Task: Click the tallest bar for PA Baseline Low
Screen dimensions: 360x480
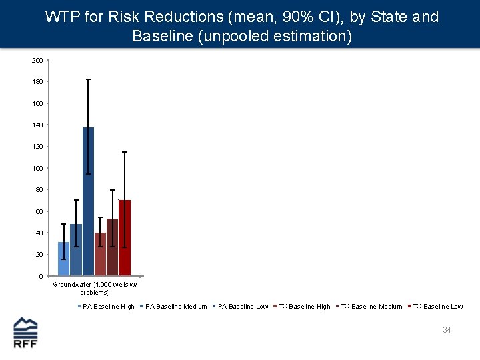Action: [88, 200]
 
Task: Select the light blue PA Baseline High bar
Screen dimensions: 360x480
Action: [63, 259]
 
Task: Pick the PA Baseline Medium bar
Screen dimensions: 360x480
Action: [76, 249]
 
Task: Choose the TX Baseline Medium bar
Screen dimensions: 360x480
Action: [112, 247]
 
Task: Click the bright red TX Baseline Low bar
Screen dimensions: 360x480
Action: [125, 237]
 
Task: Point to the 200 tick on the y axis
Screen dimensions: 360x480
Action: [37, 61]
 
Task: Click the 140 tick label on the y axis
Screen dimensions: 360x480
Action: [37, 125]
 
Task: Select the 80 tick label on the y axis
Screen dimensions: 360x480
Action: [39, 190]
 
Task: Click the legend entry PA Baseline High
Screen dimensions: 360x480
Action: [108, 307]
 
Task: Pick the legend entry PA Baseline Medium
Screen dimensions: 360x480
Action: [176, 307]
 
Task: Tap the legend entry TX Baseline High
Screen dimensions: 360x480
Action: [304, 307]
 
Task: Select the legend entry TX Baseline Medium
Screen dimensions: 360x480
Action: [371, 307]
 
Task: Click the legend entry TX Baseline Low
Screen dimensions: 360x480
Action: [437, 307]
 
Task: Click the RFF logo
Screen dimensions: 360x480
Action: [26, 332]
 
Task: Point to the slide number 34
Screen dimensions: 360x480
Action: [447, 330]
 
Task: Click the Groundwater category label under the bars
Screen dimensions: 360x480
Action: [95, 288]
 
